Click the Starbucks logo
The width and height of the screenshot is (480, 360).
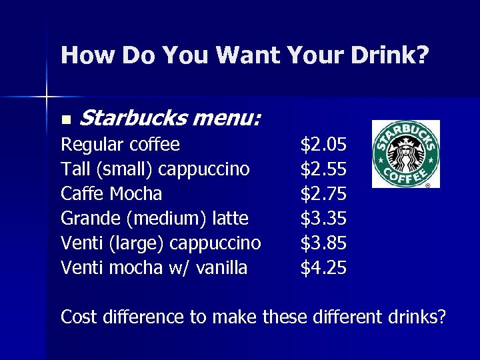pos(405,153)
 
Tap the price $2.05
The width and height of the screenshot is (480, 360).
pos(323,145)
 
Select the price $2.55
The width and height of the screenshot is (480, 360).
pos(323,169)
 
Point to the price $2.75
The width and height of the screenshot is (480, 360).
pos(323,194)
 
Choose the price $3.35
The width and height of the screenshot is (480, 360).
pos(323,219)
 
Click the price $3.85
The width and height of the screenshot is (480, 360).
pos(323,243)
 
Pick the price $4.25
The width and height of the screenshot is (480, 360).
pos(323,268)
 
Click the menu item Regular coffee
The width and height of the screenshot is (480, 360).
pos(120,145)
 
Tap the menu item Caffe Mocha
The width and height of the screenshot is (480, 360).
pos(111,194)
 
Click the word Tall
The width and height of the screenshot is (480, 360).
pos(75,169)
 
